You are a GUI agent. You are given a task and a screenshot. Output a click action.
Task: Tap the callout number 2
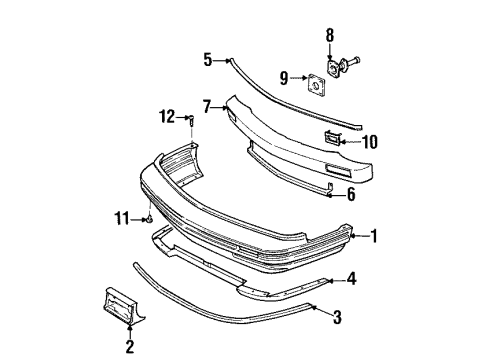coord(128,347)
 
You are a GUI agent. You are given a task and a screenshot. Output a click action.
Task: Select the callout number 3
coord(337,319)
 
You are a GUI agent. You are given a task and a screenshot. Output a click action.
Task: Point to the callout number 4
coord(351,279)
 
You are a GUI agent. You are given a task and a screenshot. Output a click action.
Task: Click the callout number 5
coord(208,60)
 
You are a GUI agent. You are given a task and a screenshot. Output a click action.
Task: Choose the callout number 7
coord(207,105)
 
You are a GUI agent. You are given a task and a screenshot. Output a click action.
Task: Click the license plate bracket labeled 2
coord(125,306)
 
